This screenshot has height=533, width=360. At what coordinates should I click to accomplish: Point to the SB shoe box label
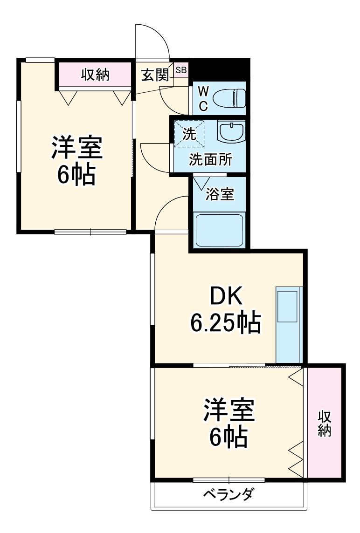click(x=181, y=70)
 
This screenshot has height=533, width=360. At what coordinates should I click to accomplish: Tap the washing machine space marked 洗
click(x=189, y=134)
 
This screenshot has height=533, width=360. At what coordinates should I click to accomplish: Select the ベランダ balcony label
click(x=228, y=494)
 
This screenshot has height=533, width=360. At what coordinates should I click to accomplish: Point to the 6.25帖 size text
click(x=225, y=322)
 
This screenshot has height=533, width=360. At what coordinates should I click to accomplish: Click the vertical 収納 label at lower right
click(x=325, y=424)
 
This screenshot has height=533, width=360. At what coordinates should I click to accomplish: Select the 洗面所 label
click(x=210, y=160)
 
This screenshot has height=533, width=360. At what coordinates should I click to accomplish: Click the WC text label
click(x=203, y=99)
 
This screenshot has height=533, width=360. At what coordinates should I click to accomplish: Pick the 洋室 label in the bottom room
click(x=228, y=410)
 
